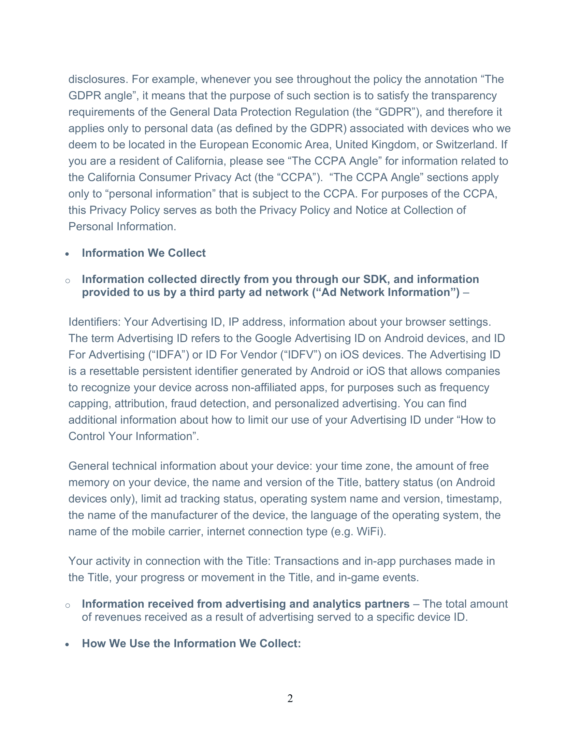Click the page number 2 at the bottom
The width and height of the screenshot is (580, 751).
point(290,698)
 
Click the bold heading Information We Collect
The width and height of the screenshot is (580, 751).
point(144,253)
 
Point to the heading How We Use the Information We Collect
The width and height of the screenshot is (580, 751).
point(191,643)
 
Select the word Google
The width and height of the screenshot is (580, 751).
point(273,338)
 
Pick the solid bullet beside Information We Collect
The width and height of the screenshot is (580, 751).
point(67,254)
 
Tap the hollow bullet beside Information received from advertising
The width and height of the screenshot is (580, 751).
point(68,606)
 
